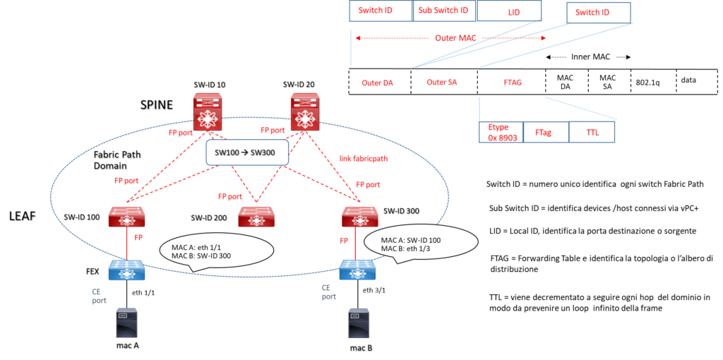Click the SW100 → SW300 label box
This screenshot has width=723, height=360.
tap(247, 152)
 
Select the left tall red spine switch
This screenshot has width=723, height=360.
tap(208, 112)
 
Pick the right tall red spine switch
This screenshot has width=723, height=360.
tap(305, 112)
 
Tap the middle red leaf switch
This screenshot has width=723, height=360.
tap(256, 217)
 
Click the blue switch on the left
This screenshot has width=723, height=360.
tap(127, 270)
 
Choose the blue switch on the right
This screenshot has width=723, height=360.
tap(357, 270)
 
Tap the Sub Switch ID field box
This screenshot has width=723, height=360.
tap(443, 11)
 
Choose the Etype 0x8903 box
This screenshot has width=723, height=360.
tap(501, 133)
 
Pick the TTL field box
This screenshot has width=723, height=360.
tap(592, 132)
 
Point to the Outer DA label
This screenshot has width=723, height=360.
tap(378, 83)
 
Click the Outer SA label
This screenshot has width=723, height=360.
tap(442, 83)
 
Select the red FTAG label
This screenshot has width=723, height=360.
tap(513, 83)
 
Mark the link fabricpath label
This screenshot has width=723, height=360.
tap(364, 159)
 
